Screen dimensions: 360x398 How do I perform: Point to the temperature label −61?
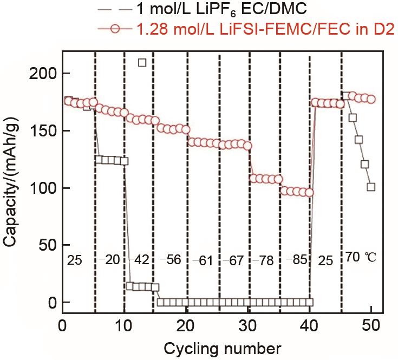[x=203, y=261]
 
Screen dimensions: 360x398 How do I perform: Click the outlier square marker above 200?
[x=142, y=62]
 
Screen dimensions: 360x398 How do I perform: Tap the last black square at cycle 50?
[x=371, y=187]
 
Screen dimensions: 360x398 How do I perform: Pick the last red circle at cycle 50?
[x=371, y=99]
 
